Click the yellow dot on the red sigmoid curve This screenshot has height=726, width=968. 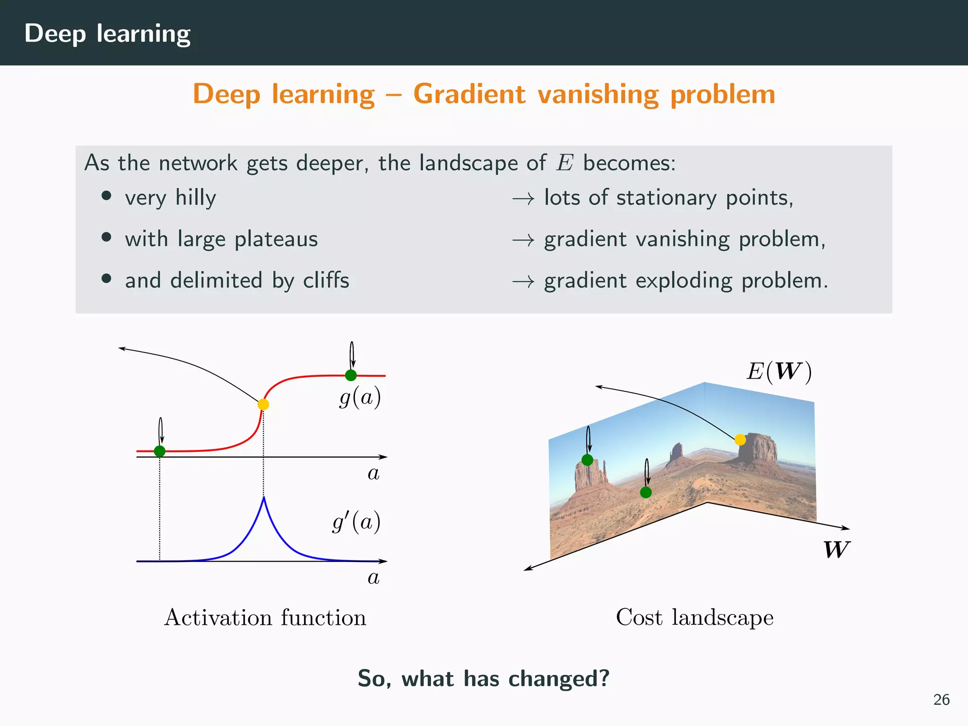[263, 404]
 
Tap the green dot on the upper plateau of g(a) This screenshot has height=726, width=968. [351, 375]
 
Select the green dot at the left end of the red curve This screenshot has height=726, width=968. [160, 451]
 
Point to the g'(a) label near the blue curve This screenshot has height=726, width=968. [356, 522]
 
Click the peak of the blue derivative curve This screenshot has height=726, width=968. [264, 498]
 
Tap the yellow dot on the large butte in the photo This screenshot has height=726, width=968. [740, 440]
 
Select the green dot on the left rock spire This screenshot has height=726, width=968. [587, 460]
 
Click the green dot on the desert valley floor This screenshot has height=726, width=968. [646, 493]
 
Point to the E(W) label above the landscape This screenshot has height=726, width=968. [779, 372]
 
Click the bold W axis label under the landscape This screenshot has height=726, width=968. [836, 550]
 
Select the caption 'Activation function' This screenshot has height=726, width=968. [265, 617]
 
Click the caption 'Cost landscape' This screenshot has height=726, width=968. [695, 617]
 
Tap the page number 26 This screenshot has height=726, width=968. [941, 700]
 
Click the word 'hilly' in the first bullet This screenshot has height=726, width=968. [196, 198]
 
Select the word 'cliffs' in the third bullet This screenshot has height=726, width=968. [326, 280]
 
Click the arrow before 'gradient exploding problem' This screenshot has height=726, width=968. [523, 282]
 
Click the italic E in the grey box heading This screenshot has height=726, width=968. [565, 163]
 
